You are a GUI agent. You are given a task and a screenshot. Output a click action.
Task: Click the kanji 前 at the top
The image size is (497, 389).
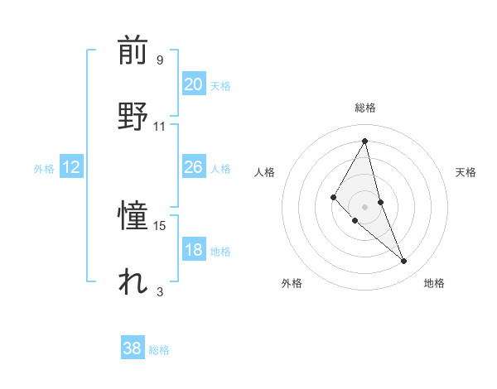coord(133,52)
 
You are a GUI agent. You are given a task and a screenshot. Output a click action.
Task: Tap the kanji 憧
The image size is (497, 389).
coord(133,218)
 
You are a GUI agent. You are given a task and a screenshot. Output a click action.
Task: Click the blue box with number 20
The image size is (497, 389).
coord(193,84)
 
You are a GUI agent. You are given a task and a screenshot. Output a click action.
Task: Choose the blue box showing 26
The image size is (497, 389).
coord(193,167)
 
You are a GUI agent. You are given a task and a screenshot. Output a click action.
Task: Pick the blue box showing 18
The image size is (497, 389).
coord(193,250)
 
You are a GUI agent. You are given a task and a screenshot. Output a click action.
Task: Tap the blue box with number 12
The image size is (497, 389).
coord(70,167)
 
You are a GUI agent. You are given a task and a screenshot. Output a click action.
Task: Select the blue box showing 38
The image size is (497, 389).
coord(132,348)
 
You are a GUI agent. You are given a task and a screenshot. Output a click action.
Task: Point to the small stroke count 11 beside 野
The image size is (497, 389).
coord(160,126)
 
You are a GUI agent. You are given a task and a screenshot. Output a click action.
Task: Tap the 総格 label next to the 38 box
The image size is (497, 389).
coord(159,350)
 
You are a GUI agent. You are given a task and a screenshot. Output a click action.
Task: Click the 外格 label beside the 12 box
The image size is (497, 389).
coord(44,169)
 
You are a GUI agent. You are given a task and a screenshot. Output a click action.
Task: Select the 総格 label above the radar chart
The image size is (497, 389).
coord(365,108)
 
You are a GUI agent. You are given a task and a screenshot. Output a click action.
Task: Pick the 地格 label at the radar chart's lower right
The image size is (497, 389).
coord(434,283)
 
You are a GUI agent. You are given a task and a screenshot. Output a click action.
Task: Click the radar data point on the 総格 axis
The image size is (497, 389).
coord(365,141)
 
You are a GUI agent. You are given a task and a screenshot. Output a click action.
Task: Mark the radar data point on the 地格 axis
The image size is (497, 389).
coord(404,262)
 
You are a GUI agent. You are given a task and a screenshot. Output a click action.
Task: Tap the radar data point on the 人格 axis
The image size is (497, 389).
coord(333,197)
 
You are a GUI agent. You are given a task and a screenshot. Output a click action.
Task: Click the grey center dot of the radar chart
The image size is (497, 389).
coord(365,206)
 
